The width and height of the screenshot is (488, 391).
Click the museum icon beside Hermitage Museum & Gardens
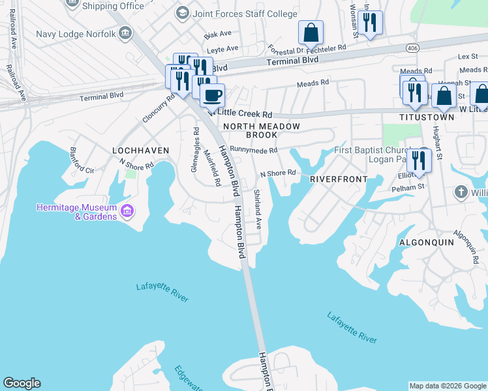click(127, 210)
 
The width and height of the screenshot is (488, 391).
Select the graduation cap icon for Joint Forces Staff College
click(183, 12)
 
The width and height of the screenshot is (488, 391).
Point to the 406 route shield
click(412, 48)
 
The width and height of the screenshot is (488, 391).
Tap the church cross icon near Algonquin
click(461, 192)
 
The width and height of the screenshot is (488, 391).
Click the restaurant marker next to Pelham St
click(419, 160)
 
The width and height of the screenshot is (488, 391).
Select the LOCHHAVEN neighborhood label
click(140, 151)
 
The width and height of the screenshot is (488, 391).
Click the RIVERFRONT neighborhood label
click(339, 179)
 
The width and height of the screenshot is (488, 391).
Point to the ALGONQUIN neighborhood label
click(425, 242)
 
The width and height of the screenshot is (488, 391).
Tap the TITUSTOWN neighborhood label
click(427, 117)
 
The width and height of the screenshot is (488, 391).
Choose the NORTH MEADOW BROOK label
click(262, 130)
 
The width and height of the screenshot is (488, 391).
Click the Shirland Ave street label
click(258, 209)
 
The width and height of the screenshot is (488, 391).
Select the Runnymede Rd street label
click(254, 150)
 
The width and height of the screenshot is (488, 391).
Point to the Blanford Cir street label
click(82, 160)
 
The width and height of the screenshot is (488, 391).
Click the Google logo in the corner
click(22, 383)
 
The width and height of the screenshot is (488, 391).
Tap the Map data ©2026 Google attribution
click(448, 386)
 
